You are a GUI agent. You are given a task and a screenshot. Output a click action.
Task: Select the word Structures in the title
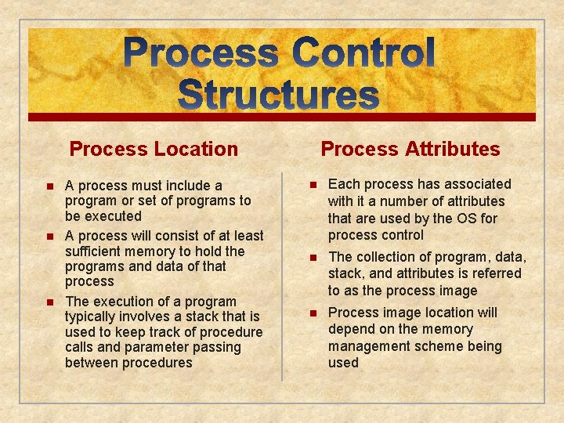pyautogui.click(x=279, y=95)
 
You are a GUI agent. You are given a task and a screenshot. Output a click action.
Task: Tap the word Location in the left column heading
pyautogui.click(x=198, y=149)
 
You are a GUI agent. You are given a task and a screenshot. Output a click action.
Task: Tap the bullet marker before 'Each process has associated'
pyautogui.click(x=313, y=185)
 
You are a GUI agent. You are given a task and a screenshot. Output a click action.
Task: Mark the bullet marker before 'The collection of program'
pyautogui.click(x=313, y=258)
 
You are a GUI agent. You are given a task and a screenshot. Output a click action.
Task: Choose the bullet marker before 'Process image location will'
pyautogui.click(x=313, y=313)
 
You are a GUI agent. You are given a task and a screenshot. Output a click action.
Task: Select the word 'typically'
pyautogui.click(x=94, y=316)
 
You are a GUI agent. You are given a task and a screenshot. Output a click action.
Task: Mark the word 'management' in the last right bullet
pyautogui.click(x=371, y=346)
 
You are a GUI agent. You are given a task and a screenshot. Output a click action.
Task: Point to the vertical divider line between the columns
pyautogui.click(x=282, y=274)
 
